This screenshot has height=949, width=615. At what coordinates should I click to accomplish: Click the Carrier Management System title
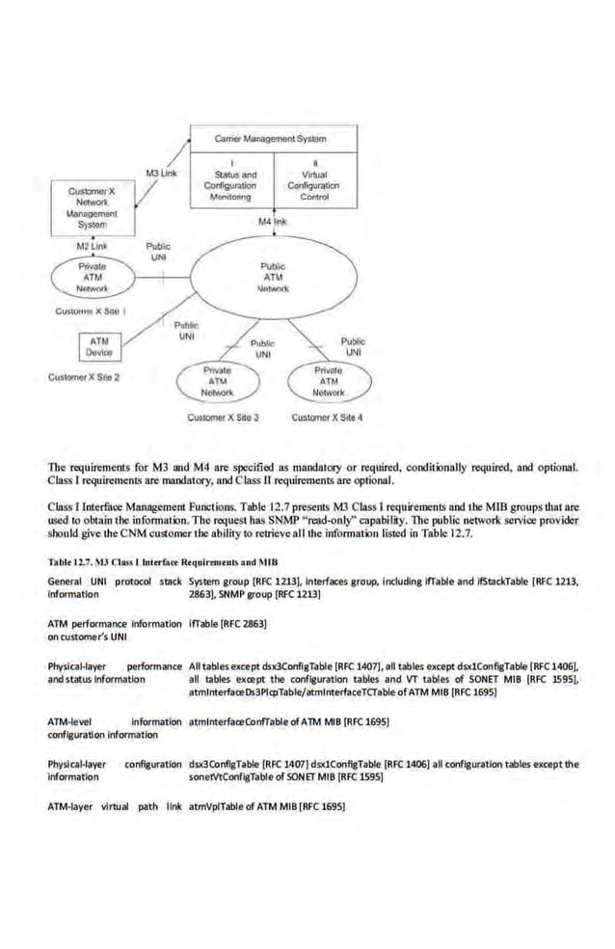point(274,137)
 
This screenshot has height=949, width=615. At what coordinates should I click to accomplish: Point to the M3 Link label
point(159,173)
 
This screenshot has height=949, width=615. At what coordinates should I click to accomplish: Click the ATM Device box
point(98,347)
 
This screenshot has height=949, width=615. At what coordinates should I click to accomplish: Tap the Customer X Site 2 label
point(84,377)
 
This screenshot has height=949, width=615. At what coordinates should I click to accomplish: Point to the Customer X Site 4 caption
point(327,418)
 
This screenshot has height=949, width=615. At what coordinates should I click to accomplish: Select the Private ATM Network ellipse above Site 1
point(92,277)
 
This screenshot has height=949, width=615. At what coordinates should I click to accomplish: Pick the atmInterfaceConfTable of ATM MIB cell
point(289,721)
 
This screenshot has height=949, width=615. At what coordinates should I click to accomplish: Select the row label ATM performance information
point(115,624)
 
